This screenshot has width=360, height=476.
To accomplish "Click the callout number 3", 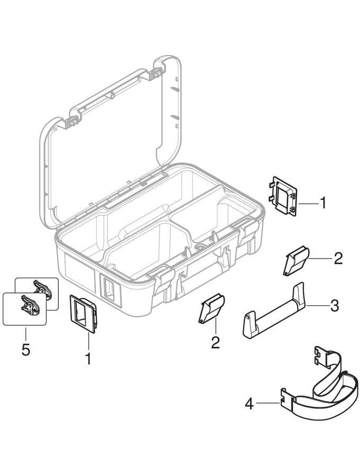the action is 334,306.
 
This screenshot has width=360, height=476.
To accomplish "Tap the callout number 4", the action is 249,404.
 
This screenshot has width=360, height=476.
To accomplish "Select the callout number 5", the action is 26,350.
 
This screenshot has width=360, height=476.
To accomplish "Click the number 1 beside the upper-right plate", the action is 323,203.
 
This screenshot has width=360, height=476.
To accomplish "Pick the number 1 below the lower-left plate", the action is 88,359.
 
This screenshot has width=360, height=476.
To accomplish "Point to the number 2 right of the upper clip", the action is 338,258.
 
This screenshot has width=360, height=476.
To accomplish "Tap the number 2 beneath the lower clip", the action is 215,342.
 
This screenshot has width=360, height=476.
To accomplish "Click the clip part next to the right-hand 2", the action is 296,260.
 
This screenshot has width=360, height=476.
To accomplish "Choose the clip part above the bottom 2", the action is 211,308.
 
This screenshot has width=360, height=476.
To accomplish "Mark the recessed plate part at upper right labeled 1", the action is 283,196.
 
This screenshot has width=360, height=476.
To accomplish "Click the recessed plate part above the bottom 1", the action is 83,314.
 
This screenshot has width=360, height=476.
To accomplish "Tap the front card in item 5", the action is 24,309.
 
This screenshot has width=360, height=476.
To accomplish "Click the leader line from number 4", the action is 268,403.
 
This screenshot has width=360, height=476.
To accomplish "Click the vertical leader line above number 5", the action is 26,334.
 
